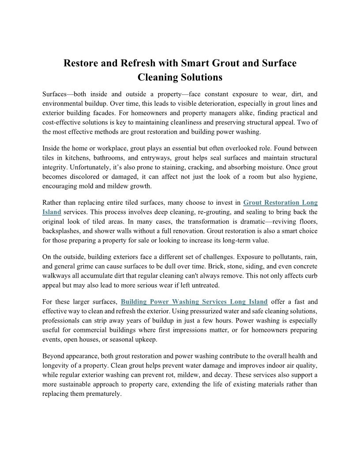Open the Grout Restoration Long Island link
280,203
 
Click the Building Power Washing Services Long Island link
194,302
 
